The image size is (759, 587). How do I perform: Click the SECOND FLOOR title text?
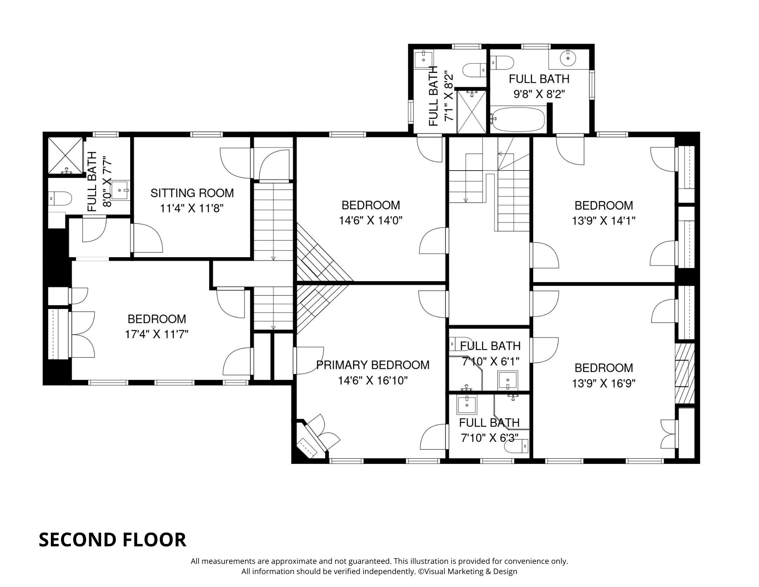[112, 540]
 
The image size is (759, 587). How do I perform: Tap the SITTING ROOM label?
[192, 193]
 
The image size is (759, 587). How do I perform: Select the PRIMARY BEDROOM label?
[373, 365]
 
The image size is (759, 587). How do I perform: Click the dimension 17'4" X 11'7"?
[157, 334]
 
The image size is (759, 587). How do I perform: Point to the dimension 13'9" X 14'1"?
[603, 221]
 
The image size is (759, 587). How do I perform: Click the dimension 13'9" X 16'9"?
[603, 383]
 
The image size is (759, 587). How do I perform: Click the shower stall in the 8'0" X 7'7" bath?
[65, 155]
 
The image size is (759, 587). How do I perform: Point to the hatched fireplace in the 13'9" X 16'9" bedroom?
[685, 373]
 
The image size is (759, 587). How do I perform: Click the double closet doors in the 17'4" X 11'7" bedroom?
[83, 334]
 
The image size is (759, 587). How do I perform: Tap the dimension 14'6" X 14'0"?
[370, 221]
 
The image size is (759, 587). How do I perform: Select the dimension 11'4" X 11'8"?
[192, 209]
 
